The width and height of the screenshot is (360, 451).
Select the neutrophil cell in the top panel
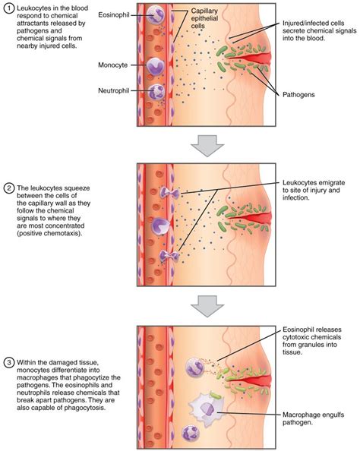coord(156,93)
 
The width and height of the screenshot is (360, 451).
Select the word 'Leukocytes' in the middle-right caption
coord(301,181)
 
